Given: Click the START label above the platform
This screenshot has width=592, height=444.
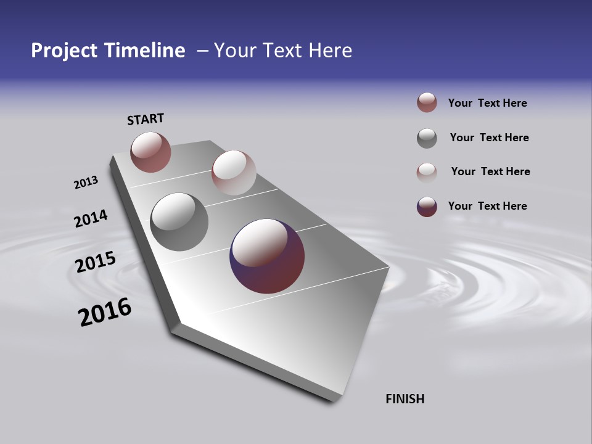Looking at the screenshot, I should point(146,118).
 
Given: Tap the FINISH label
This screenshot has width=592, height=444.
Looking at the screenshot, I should point(405,399).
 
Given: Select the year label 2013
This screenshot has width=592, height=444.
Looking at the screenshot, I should point(86,183).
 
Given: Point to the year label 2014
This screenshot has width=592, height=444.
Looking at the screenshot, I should point(91,218).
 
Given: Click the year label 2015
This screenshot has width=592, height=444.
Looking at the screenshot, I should point(95,262).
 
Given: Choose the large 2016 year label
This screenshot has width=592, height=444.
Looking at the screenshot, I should point(105,312).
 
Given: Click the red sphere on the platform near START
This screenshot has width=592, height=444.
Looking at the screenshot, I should point(150,152).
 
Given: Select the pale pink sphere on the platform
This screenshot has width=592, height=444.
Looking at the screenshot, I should point(234,173).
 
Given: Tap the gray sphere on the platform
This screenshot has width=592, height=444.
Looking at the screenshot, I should point(179,222).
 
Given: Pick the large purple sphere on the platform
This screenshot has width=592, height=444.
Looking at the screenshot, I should point(267,256).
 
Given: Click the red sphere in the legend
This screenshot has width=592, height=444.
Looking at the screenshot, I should point(427,103).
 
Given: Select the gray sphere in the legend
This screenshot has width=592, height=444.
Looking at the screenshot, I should point(427,138).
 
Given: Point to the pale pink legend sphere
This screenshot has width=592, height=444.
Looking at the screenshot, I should point(427,172).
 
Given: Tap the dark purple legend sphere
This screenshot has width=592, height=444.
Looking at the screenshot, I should point(427,207).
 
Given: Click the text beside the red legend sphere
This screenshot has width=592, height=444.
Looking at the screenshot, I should point(487,103).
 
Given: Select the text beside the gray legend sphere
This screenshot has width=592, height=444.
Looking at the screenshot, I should point(489,138).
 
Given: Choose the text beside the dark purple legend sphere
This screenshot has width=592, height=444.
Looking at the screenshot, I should point(487,206).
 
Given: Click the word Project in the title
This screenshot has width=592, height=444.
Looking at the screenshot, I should point(65,51).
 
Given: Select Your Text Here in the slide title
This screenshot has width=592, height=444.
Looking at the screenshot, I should point(283,51).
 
